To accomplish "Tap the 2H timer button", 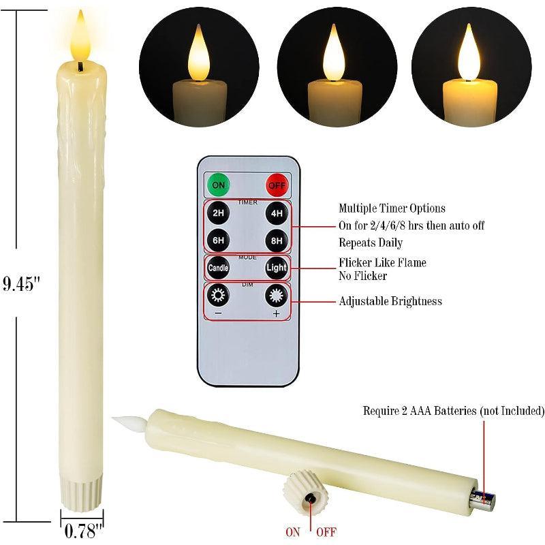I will (219, 213).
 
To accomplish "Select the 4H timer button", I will (277, 213).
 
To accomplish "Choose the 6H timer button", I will (219, 240).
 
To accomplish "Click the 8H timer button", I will (277, 240).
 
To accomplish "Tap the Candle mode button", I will (219, 268).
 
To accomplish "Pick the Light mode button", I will (277, 268).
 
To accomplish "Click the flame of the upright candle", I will (80, 37).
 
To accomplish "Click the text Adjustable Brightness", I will (390, 301).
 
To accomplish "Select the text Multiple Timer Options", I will (392, 208).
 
